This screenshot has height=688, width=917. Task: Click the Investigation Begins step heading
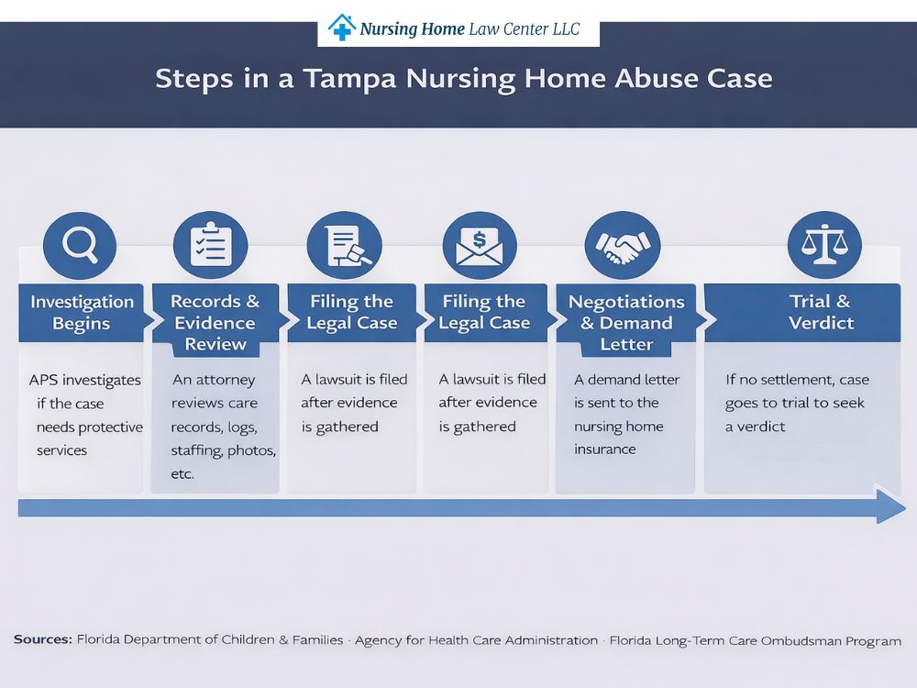click(x=82, y=313)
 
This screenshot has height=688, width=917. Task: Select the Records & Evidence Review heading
click(x=215, y=323)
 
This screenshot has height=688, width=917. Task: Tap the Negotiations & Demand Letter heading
click(x=626, y=323)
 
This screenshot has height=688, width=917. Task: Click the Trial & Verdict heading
click(x=820, y=313)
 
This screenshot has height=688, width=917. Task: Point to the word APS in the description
click(x=47, y=380)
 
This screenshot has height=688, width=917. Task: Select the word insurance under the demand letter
click(x=605, y=449)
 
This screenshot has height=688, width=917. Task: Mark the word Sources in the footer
click(x=42, y=640)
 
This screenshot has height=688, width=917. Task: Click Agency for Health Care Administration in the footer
click(x=476, y=640)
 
